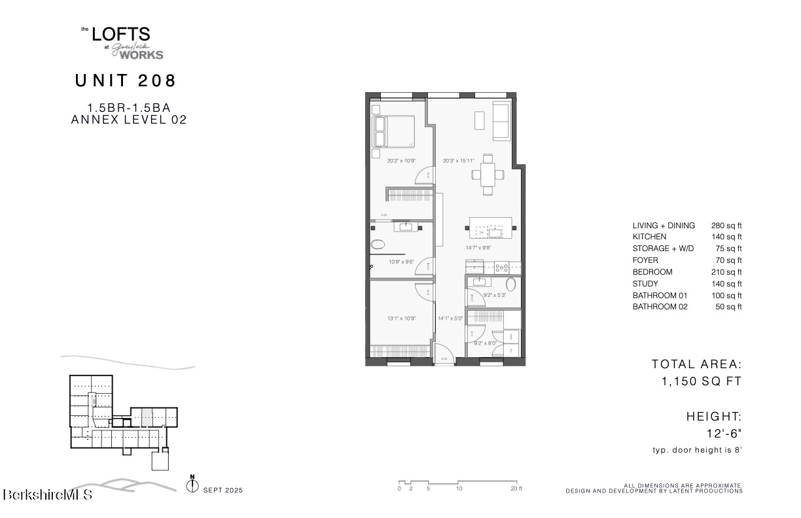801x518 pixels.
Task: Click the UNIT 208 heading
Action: [x=126, y=81]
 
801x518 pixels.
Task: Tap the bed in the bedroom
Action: [x=393, y=131]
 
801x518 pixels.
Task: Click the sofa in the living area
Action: [x=501, y=121]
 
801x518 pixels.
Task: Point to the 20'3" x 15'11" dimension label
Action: [x=457, y=160]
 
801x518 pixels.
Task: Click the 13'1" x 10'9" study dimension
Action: [x=401, y=319]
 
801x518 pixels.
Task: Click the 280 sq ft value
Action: [x=726, y=226]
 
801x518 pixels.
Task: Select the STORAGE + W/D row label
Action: [x=663, y=249]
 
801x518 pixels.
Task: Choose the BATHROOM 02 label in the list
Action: [x=660, y=307]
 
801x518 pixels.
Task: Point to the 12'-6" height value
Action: [x=724, y=433]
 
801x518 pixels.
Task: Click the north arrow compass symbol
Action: [x=192, y=485]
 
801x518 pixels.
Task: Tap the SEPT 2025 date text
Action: [x=223, y=490]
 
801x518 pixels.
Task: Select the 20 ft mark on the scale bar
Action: [x=516, y=489]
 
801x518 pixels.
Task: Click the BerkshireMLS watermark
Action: [x=48, y=494]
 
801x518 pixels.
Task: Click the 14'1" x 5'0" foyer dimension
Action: [x=450, y=319]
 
